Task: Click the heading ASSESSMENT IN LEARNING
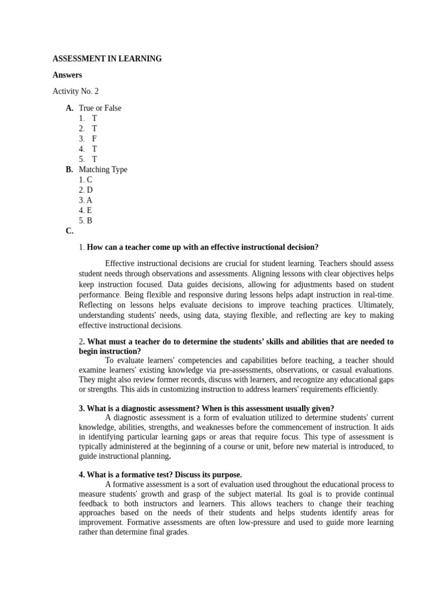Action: click(x=107, y=59)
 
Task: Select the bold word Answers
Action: click(x=67, y=75)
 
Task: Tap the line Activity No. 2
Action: click(x=76, y=91)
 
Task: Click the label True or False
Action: click(x=100, y=108)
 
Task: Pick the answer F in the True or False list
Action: click(x=94, y=139)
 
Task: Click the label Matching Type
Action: click(x=103, y=170)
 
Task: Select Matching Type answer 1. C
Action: click(x=86, y=180)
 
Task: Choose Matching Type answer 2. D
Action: click(x=86, y=190)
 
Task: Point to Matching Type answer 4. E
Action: click(x=86, y=211)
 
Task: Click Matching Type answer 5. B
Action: click(x=86, y=221)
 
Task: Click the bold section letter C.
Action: click(x=69, y=231)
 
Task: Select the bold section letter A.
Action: click(x=69, y=108)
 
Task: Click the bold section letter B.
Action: click(x=69, y=170)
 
